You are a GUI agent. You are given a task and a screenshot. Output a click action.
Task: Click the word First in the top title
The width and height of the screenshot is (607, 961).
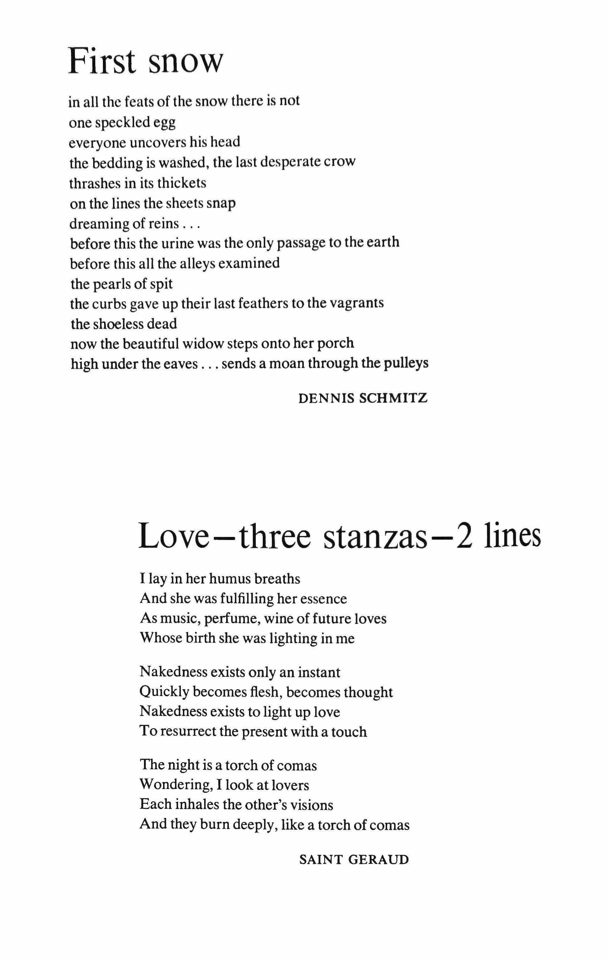pyautogui.click(x=102, y=61)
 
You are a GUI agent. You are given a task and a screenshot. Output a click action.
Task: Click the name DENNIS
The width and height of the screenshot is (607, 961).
pyautogui.click(x=325, y=398)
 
